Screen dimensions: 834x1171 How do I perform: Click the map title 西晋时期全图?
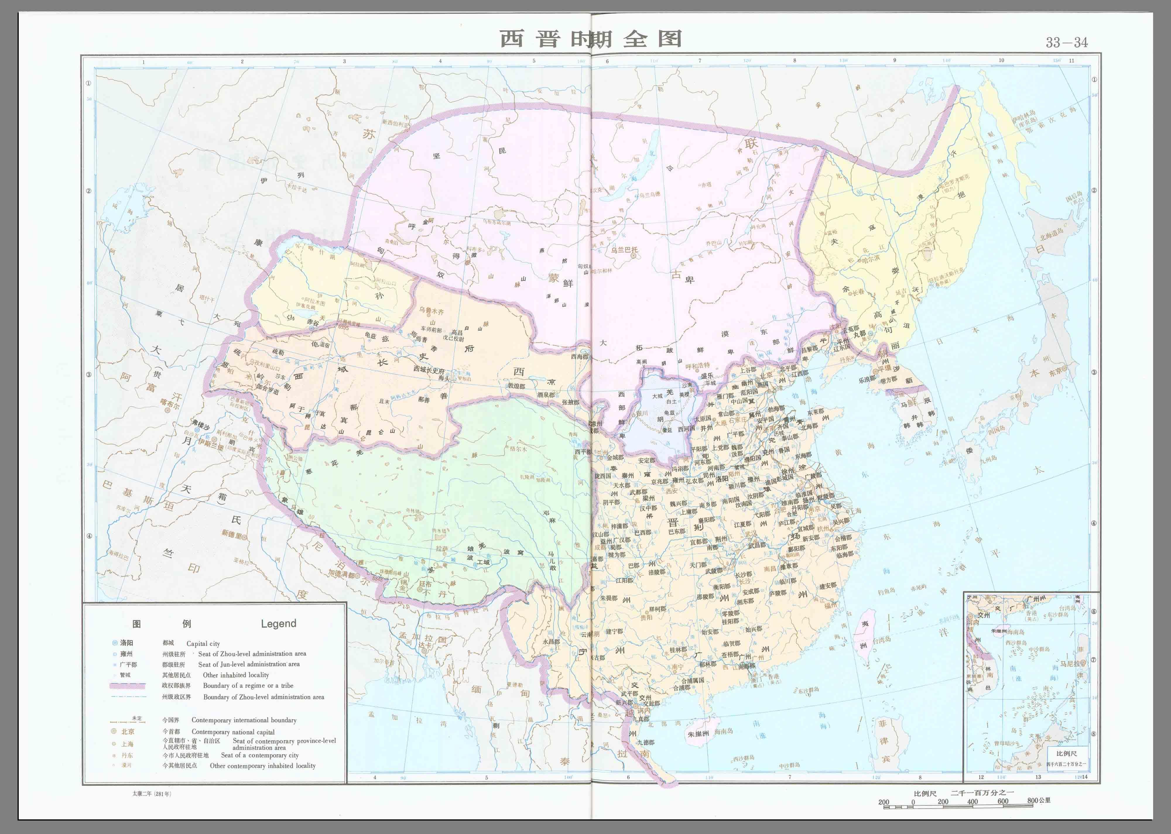click(591, 39)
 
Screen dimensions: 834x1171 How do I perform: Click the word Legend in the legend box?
click(278, 623)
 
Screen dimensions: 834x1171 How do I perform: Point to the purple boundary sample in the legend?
click(127, 686)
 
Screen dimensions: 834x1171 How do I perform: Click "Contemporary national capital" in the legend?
click(233, 732)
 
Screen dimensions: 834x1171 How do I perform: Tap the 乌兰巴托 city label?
click(624, 250)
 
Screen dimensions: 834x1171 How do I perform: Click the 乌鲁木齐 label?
click(431, 311)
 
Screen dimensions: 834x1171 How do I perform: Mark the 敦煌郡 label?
click(517, 386)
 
